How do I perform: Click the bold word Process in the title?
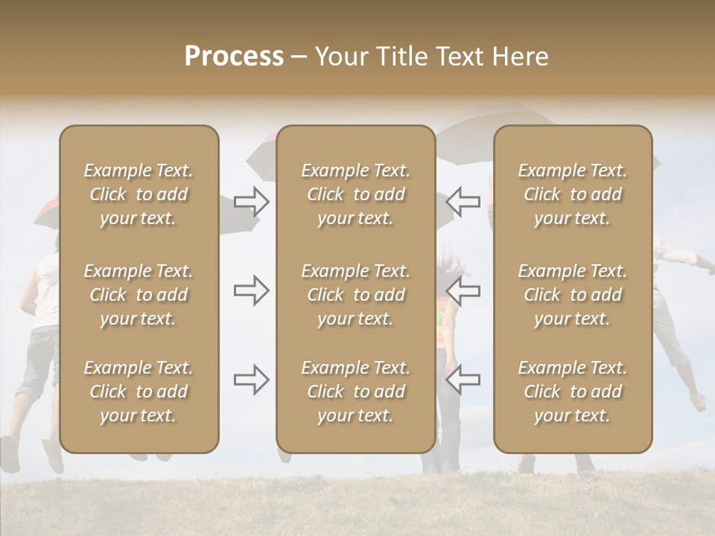234,57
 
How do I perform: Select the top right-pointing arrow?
252,202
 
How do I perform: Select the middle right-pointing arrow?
252,290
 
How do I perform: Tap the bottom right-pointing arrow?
252,380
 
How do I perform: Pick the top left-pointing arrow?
463,200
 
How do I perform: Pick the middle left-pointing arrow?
463,290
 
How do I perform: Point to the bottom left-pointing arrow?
463,379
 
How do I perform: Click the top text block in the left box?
139,194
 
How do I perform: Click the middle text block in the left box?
139,295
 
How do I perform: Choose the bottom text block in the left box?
139,392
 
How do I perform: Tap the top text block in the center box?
356,194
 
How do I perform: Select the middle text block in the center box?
356,295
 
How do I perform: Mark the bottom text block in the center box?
356,392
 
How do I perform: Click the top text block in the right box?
573,194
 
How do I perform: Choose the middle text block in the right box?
573,295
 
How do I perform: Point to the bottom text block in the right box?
573,392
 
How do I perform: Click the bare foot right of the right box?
698,402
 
